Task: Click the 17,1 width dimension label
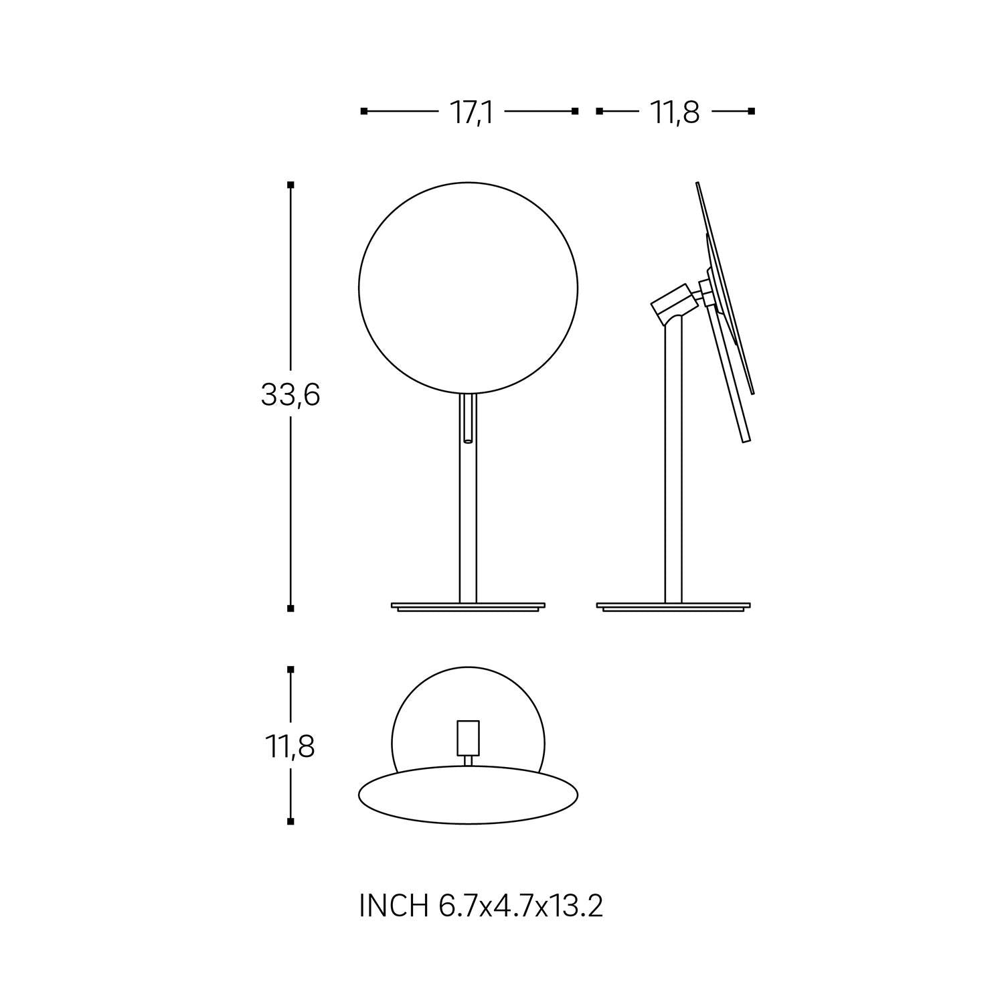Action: click(x=471, y=112)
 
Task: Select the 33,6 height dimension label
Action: click(x=290, y=396)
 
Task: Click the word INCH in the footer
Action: click(x=394, y=906)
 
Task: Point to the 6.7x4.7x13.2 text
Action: click(x=521, y=906)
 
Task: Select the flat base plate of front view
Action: click(x=468, y=606)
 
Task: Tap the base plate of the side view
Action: click(x=673, y=606)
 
